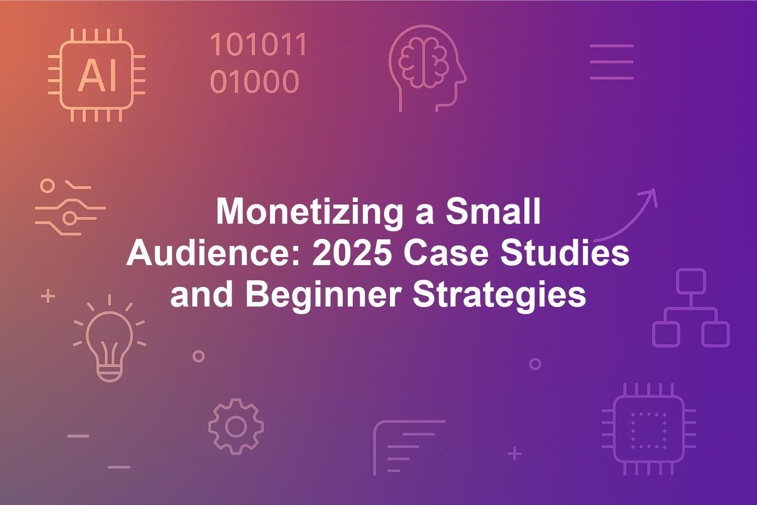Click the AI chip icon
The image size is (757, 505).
pos(97,75)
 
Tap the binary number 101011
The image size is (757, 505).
pos(258,44)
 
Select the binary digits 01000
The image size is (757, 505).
pos(254,81)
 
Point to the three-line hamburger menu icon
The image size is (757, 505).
pos(612,62)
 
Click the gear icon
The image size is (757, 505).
pos(236,427)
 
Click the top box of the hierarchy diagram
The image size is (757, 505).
pos(691,281)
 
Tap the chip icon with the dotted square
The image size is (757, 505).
pos(649,429)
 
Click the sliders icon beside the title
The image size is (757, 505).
pos(70,207)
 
